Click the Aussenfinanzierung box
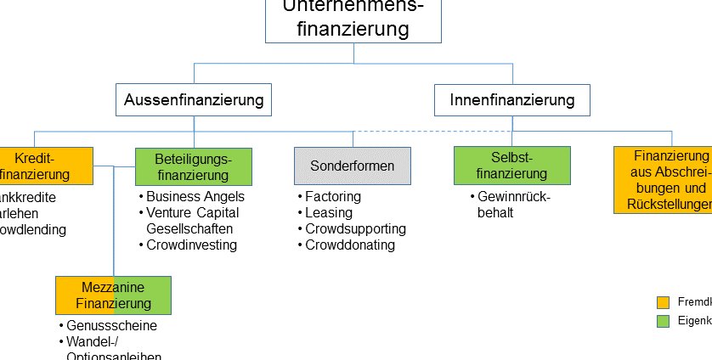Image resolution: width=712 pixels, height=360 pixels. click(x=194, y=100)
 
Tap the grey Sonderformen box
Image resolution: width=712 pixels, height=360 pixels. click(x=353, y=166)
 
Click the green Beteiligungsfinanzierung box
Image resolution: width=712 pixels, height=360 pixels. click(x=194, y=166)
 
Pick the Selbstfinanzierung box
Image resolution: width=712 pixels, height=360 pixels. click(x=511, y=166)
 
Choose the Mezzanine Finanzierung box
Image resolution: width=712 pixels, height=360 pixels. click(x=113, y=295)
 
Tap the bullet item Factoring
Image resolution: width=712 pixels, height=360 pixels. click(x=332, y=197)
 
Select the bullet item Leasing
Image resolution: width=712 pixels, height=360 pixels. click(x=329, y=213)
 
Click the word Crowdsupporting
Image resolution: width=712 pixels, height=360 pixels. click(x=355, y=229)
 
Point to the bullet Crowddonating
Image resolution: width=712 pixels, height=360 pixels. click(x=350, y=245)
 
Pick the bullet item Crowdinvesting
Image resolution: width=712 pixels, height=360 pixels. click(x=191, y=245)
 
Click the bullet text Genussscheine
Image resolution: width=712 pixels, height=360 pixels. click(x=111, y=326)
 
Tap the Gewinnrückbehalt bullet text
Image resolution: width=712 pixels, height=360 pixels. click(x=514, y=205)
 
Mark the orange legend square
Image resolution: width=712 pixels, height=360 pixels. click(x=664, y=302)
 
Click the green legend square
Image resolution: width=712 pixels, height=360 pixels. click(x=664, y=321)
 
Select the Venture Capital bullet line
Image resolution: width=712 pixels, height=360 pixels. click(x=192, y=213)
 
